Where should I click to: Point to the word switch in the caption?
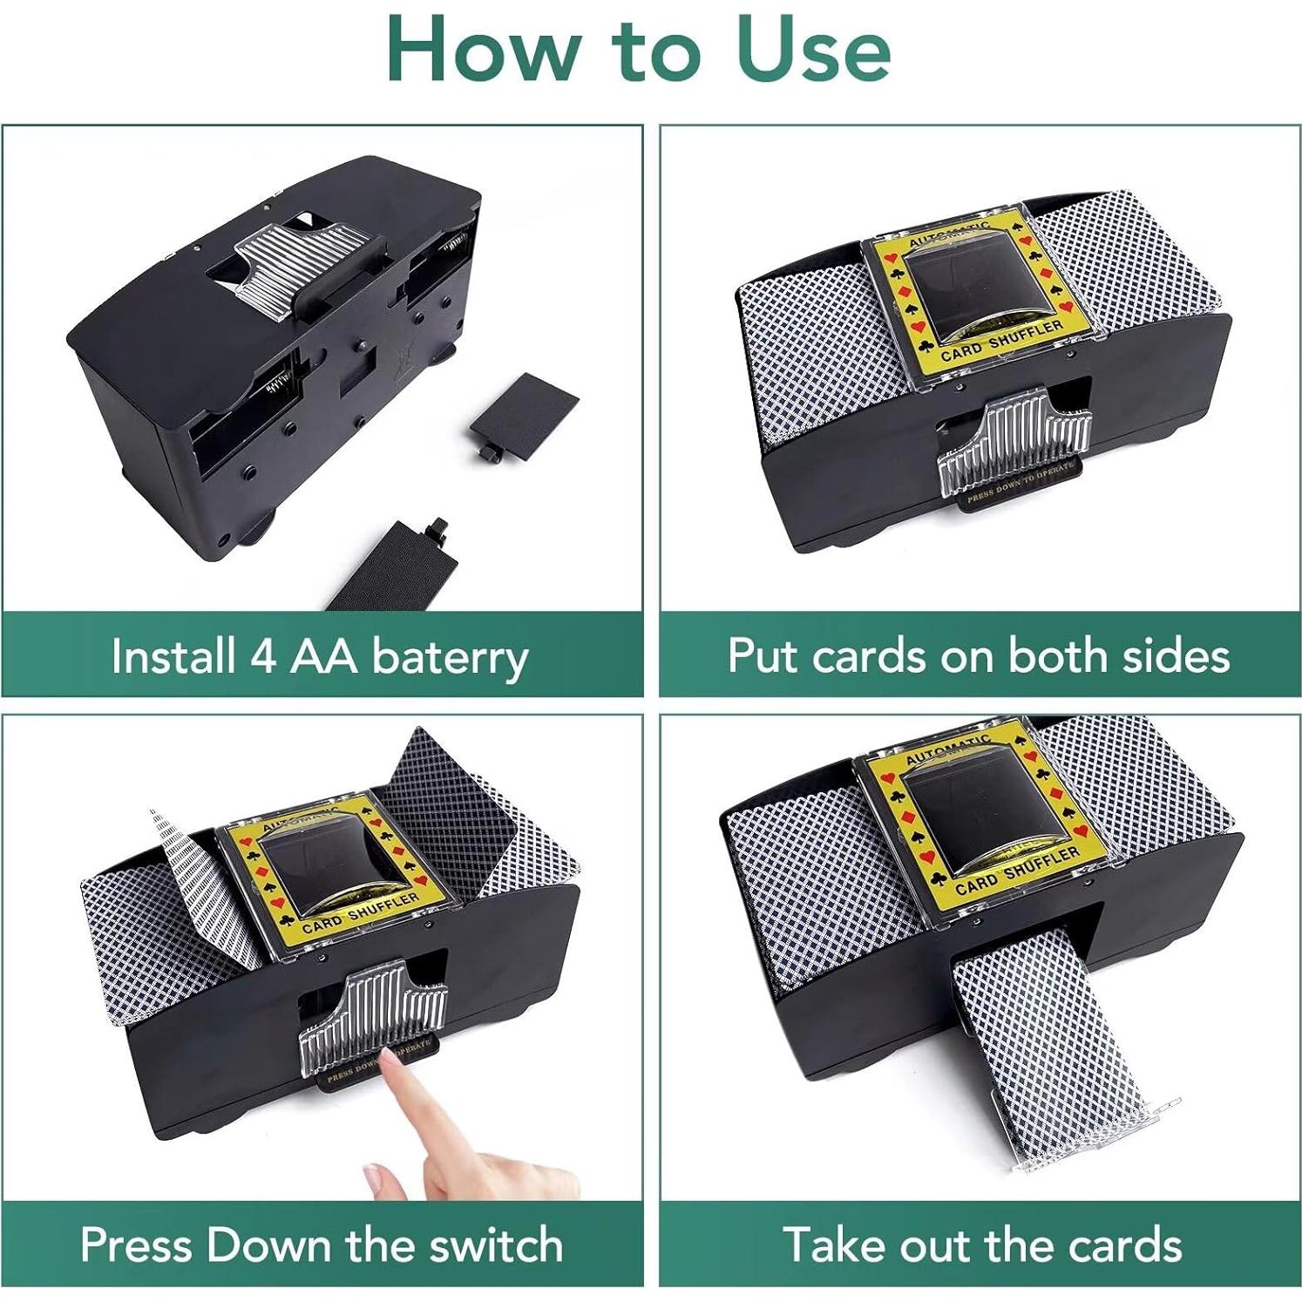[497, 1244]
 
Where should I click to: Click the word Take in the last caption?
[832, 1244]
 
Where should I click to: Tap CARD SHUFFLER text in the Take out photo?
[1016, 871]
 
